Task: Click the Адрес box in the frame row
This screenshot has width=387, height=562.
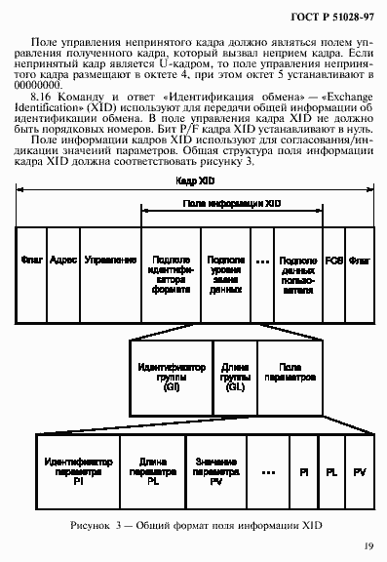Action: pos(61,261)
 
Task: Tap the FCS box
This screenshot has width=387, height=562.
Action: pos(334,261)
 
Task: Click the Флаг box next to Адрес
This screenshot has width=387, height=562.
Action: pos(29,261)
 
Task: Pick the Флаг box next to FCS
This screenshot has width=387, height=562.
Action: pos(361,261)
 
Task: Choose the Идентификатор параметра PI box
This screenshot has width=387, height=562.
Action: pos(77,471)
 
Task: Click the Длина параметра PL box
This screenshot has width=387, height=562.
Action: pos(152,471)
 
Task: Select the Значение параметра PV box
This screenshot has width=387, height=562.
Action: pos(215,471)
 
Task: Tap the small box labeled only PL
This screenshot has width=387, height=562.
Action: pos(332,471)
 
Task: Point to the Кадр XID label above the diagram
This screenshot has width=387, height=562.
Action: pos(195,182)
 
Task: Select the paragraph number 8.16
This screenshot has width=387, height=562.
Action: pos(42,99)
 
